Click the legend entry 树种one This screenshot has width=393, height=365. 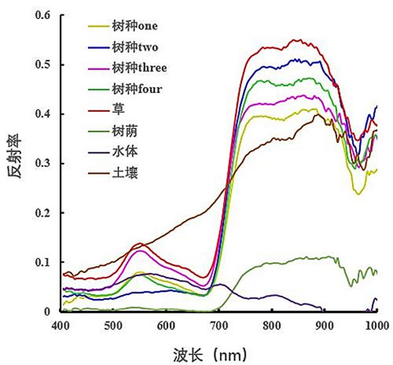pyautogui.click(x=134, y=26)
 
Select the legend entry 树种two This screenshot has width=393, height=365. pyautogui.click(x=134, y=47)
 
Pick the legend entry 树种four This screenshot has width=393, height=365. pyautogui.click(x=137, y=89)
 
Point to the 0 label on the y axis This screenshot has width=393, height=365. pyautogui.click(x=49, y=311)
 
